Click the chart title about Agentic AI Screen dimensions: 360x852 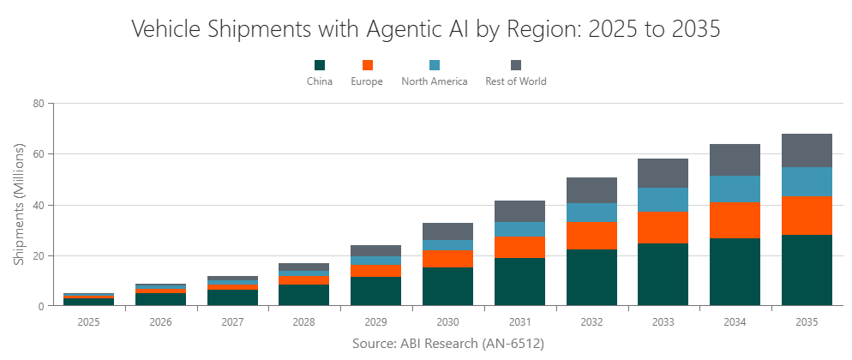pyautogui.click(x=426, y=28)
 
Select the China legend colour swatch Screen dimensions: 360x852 pyautogui.click(x=320, y=65)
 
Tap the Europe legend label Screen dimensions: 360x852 pyautogui.click(x=367, y=81)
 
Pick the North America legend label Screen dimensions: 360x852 pyautogui.click(x=435, y=81)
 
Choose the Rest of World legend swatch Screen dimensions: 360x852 pyautogui.click(x=515, y=65)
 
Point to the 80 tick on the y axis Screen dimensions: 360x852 pyautogui.click(x=38, y=104)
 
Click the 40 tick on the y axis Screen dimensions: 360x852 pyautogui.click(x=38, y=205)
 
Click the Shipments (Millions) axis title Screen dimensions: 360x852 pyautogui.click(x=18, y=205)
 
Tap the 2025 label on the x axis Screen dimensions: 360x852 pyautogui.click(x=88, y=322)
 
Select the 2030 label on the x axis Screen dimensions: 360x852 pyautogui.click(x=447, y=322)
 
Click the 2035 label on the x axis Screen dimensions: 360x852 pyautogui.click(x=807, y=322)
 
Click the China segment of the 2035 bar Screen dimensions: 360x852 pyautogui.click(x=807, y=270)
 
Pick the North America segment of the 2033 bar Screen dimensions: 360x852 pyautogui.click(x=663, y=200)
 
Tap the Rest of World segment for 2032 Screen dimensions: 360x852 pyautogui.click(x=591, y=190)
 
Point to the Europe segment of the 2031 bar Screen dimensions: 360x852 pyautogui.click(x=519, y=247)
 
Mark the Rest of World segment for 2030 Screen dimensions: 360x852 pyautogui.click(x=447, y=231)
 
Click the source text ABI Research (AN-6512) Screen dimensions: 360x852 pyautogui.click(x=447, y=343)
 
